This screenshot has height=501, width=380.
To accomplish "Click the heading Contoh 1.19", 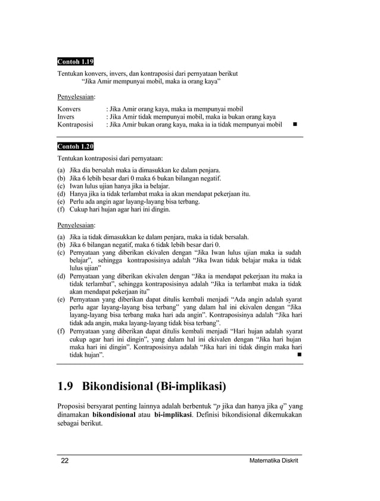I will [75, 61].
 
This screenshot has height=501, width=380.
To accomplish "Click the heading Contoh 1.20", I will [75, 146].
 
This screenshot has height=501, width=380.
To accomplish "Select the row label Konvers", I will [69, 109].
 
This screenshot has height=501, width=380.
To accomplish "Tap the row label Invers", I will [66, 117].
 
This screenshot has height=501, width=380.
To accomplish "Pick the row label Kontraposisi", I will [75, 125].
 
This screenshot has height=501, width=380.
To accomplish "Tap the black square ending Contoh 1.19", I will [294, 125].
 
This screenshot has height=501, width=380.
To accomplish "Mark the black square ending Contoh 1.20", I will [298, 355].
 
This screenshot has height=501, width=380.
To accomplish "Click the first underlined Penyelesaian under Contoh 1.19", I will [76, 95].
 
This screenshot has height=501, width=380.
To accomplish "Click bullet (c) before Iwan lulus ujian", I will [61, 186].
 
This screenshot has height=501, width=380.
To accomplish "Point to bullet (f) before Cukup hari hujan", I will [61, 209].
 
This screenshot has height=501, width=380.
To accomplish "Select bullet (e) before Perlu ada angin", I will [61, 202].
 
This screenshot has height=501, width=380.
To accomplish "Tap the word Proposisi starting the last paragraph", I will [73, 403].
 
